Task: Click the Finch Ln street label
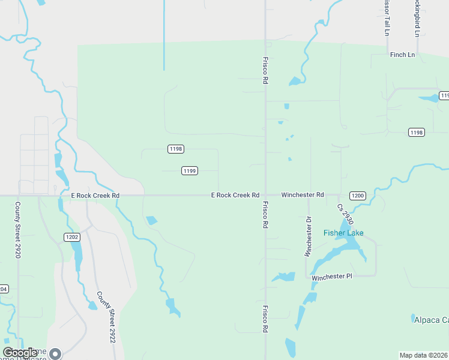point(402,55)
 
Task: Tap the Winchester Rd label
point(303,195)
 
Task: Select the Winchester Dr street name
point(309,236)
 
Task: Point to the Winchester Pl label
point(332,276)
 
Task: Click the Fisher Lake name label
point(343,233)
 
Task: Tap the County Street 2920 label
point(18,230)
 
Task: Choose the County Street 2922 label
point(106,317)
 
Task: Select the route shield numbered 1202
point(72,237)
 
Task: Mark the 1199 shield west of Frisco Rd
point(189,171)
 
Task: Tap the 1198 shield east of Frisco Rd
point(416,132)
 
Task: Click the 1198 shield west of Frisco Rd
point(175,149)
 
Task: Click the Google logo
point(20,353)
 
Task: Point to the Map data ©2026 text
point(423,355)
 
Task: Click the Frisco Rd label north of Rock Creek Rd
point(265,70)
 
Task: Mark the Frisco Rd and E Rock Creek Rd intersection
point(265,195)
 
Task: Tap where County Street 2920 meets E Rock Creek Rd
point(18,196)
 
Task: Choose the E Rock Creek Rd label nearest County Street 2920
point(95,196)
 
